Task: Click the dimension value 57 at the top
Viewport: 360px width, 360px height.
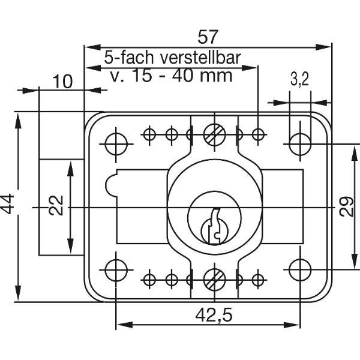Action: point(208,37)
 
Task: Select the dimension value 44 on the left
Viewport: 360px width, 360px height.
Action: point(8,204)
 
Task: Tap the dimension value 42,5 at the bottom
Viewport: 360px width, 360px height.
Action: point(214,315)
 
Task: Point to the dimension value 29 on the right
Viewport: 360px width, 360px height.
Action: point(347,206)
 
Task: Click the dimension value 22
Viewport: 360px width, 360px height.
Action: point(56,205)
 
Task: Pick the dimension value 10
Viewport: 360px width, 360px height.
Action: point(62,82)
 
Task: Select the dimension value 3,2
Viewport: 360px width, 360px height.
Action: point(299,80)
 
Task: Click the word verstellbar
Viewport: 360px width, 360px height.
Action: point(200,58)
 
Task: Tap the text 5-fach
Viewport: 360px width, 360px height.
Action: point(129,58)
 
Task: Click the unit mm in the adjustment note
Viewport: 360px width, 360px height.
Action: point(216,76)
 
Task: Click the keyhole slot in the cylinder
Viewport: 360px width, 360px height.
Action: point(215,226)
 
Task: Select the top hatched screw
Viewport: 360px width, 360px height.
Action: point(214,134)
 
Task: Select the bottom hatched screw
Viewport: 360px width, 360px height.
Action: point(214,280)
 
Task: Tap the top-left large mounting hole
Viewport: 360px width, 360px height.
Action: point(116,144)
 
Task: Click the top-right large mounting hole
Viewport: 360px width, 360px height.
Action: point(300,144)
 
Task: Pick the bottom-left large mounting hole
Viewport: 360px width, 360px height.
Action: point(116,270)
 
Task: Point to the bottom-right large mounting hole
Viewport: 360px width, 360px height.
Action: point(300,270)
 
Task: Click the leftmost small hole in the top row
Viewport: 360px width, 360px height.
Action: point(149,134)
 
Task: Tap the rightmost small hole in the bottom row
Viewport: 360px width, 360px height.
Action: point(258,280)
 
